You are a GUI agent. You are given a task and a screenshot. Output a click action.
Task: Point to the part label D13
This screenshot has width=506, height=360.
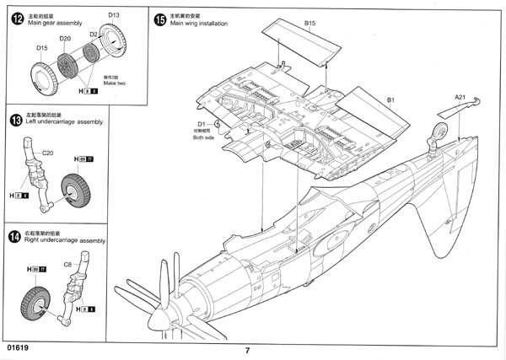click(114, 15)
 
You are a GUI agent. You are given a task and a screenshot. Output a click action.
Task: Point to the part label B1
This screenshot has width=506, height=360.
click(391, 99)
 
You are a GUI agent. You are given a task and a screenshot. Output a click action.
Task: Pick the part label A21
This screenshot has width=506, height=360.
click(460, 98)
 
